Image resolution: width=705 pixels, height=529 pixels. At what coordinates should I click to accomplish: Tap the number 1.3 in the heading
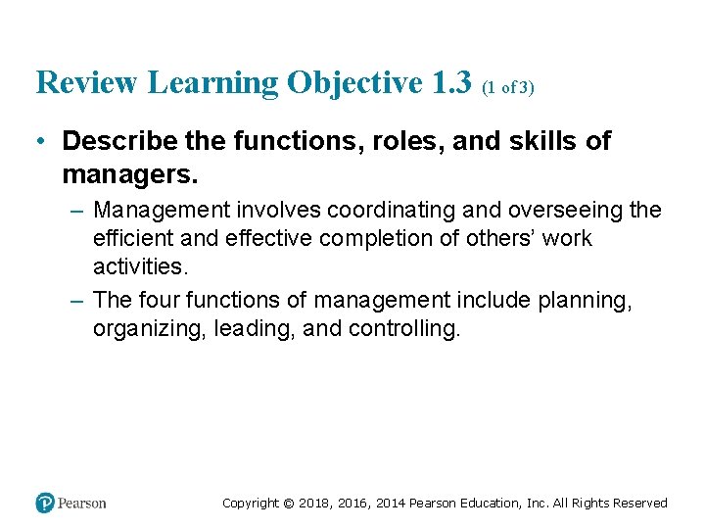[451, 83]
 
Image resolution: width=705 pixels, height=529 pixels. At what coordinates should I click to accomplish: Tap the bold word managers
[129, 175]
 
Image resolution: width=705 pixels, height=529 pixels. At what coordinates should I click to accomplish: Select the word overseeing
[565, 211]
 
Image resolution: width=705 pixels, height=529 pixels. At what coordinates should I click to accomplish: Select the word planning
[585, 301]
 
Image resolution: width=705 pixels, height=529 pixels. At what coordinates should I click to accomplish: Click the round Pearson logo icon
[45, 503]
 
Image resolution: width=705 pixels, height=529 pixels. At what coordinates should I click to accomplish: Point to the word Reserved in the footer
[639, 504]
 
